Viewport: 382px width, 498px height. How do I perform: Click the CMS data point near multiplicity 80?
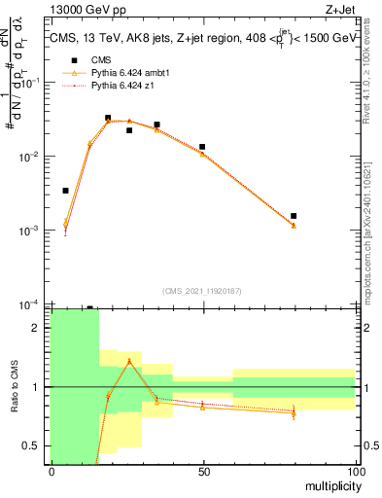coord(294,216)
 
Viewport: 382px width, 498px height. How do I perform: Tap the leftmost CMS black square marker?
coord(65,191)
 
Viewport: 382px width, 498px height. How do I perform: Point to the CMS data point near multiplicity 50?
coord(202,147)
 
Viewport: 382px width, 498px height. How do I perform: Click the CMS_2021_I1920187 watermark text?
coord(203,290)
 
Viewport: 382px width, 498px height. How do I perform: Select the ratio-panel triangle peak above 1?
coord(129,362)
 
